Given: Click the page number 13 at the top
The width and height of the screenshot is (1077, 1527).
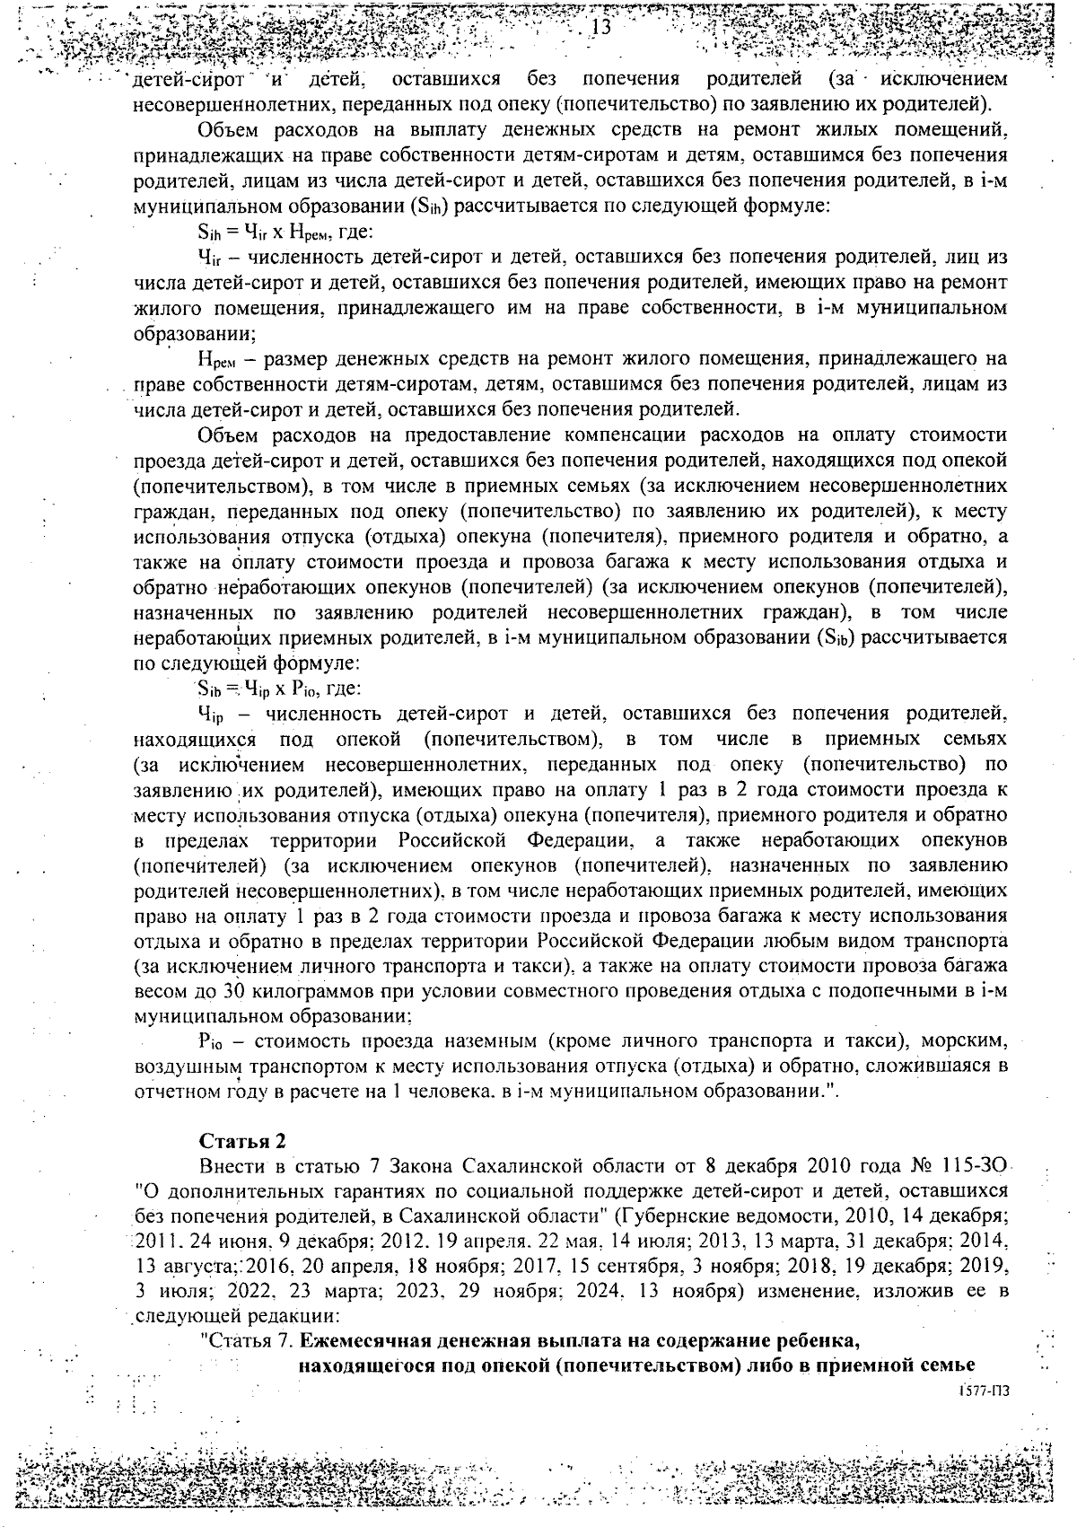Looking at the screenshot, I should (x=600, y=28).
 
